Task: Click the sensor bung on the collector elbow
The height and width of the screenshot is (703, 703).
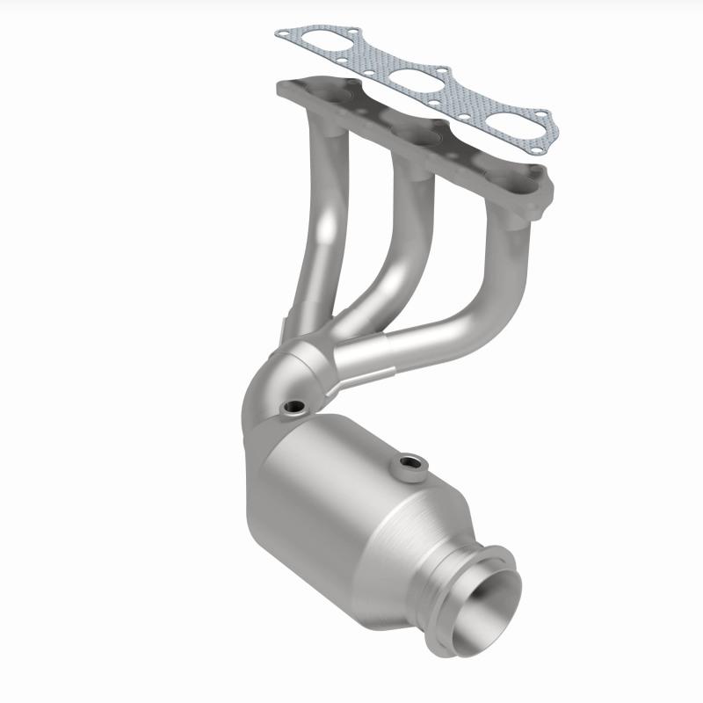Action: point(291,408)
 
